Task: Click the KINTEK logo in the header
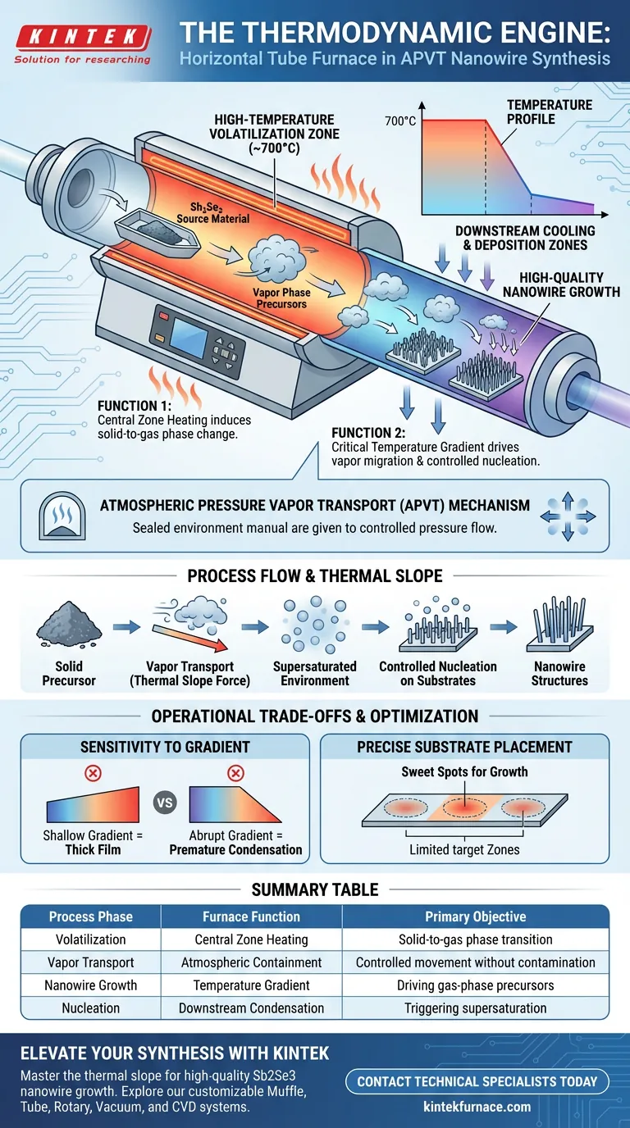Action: click(x=83, y=44)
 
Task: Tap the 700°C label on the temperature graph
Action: click(x=400, y=121)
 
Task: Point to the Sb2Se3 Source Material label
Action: click(x=212, y=213)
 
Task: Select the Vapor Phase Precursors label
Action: click(x=281, y=298)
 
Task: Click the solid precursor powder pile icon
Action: click(x=69, y=623)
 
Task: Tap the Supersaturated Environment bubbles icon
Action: click(x=314, y=625)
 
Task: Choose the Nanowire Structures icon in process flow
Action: click(x=560, y=623)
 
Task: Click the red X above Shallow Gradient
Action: click(x=93, y=773)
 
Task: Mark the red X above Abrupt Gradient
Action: click(x=235, y=773)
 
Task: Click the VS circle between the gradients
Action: click(x=165, y=803)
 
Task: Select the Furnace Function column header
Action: click(x=252, y=916)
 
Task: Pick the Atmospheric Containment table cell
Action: click(x=252, y=962)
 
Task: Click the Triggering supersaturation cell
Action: click(x=475, y=1008)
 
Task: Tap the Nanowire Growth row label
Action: click(x=91, y=985)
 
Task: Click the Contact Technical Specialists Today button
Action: click(x=477, y=1081)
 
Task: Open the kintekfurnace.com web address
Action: click(x=477, y=1107)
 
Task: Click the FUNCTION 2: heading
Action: click(x=368, y=433)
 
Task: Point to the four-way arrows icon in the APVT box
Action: click(x=568, y=516)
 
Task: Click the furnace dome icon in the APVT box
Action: click(x=62, y=516)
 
